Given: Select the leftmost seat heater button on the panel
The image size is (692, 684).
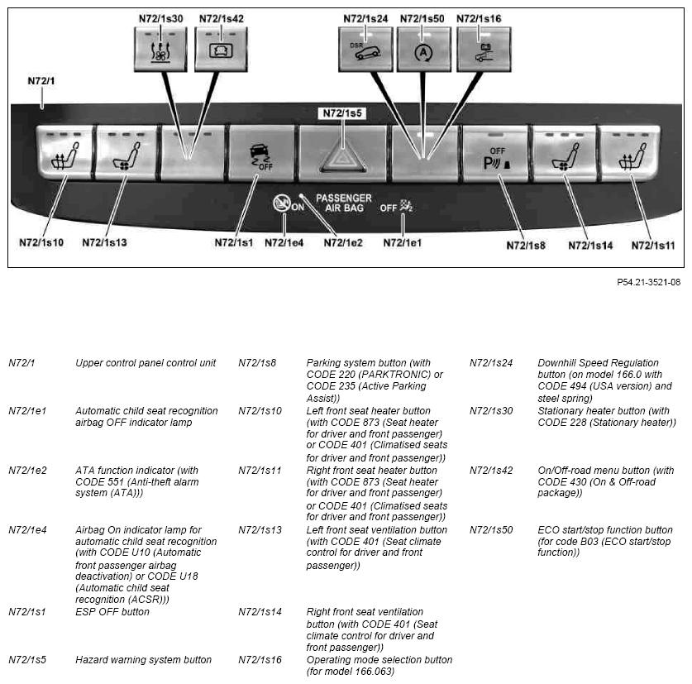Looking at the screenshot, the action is click(64, 155).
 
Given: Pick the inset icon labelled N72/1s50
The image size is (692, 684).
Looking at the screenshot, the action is click(423, 49).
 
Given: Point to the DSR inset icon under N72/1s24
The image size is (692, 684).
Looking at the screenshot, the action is click(365, 49).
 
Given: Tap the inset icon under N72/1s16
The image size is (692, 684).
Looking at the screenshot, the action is click(482, 49).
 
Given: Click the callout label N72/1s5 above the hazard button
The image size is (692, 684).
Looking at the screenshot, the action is click(342, 113).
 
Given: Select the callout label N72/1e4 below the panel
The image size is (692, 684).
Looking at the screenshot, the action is click(284, 243).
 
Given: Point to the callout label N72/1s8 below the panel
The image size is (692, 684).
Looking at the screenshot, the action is click(526, 245).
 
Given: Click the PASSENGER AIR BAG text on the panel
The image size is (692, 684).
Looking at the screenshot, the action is click(343, 204).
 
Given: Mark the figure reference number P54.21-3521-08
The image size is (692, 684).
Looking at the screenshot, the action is click(648, 282).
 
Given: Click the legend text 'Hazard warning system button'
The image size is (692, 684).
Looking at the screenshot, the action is click(143, 660).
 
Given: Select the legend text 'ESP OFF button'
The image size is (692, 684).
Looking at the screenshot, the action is click(112, 612).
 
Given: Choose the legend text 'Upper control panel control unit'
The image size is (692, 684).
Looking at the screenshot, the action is click(146, 363).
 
